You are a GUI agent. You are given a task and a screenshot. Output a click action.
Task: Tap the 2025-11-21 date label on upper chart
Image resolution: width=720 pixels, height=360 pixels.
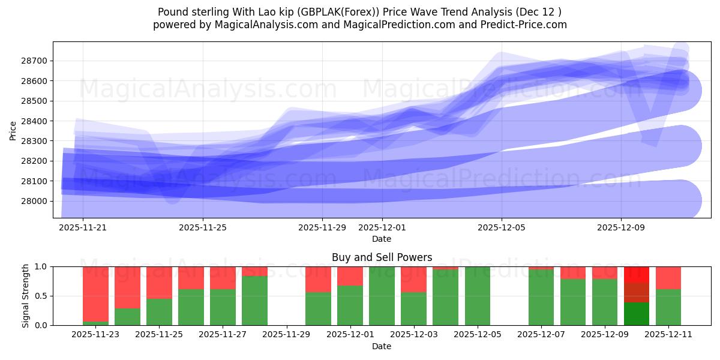[83, 227]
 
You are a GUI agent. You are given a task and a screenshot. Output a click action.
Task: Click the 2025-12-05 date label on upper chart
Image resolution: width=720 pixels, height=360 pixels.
[502, 227]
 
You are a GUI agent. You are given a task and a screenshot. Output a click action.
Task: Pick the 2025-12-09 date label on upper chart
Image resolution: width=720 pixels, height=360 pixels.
[621, 227]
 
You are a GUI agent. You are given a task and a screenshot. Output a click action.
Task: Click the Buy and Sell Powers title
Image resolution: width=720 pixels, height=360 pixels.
[382, 257]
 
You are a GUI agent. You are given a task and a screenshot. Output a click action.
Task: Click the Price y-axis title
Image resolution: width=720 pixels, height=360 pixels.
[13, 130]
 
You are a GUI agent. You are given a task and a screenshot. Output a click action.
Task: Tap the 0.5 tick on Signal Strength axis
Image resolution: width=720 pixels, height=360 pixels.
[41, 296]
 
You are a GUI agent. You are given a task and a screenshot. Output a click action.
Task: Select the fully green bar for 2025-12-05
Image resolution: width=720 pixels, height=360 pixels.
[478, 296]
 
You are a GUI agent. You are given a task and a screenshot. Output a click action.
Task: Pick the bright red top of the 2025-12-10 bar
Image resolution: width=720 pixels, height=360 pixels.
[637, 274]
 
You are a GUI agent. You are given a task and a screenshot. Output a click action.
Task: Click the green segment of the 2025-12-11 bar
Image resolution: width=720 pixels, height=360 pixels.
[668, 307]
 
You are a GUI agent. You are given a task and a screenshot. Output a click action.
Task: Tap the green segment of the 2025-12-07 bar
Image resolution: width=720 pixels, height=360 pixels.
[541, 297]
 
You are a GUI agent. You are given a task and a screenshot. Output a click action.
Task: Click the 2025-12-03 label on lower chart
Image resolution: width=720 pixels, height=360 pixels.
[413, 335]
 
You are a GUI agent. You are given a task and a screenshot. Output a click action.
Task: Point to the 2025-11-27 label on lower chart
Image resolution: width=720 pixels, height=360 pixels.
[223, 335]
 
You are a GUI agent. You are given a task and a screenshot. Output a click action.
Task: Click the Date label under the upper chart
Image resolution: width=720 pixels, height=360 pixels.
[382, 239]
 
